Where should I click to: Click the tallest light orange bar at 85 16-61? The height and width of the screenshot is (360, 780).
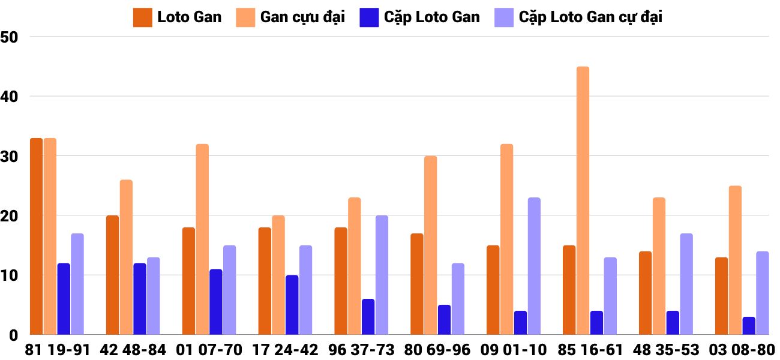click(x=583, y=201)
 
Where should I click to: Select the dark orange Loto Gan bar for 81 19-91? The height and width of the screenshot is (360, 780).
click(x=36, y=237)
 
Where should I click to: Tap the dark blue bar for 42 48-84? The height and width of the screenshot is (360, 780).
click(x=140, y=299)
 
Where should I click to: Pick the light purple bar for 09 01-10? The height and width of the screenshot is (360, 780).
click(x=534, y=266)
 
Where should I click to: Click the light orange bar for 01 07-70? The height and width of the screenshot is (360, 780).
click(x=202, y=239)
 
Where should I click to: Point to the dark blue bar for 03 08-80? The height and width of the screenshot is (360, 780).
click(x=749, y=326)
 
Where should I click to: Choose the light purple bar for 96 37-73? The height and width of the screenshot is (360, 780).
click(x=382, y=275)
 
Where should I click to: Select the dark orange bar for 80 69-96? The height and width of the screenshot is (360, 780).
click(x=417, y=284)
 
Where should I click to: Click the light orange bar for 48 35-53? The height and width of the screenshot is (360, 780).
click(x=659, y=266)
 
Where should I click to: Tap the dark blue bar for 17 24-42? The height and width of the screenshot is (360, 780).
click(x=292, y=305)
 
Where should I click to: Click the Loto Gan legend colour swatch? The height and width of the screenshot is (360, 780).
click(x=142, y=17)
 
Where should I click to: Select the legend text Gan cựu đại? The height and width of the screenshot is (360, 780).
click(x=302, y=17)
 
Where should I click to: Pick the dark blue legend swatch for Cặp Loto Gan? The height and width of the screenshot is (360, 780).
click(x=369, y=17)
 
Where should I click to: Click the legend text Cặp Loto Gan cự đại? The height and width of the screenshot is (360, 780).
click(x=590, y=17)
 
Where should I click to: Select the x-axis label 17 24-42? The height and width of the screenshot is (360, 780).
click(x=286, y=350)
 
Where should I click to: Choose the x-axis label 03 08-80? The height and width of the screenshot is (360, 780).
click(x=742, y=350)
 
